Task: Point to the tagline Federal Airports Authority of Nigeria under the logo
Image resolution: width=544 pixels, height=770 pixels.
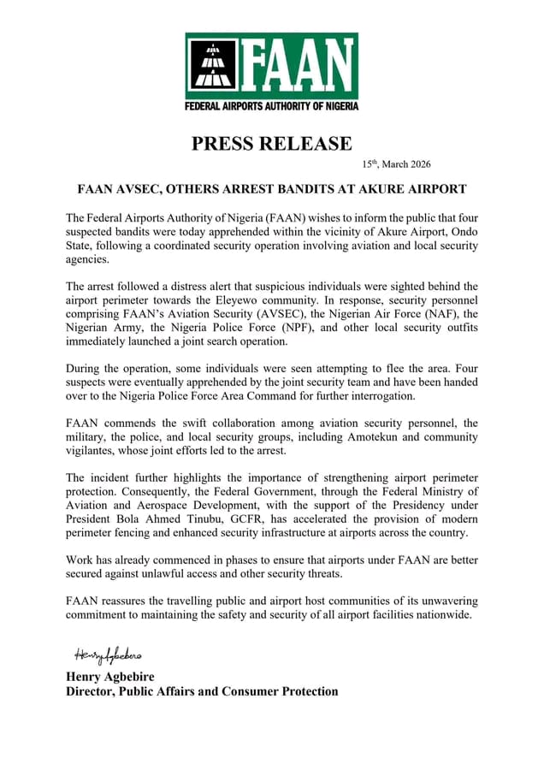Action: pos(272,106)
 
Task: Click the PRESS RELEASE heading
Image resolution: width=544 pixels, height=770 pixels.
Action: pos(272,143)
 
